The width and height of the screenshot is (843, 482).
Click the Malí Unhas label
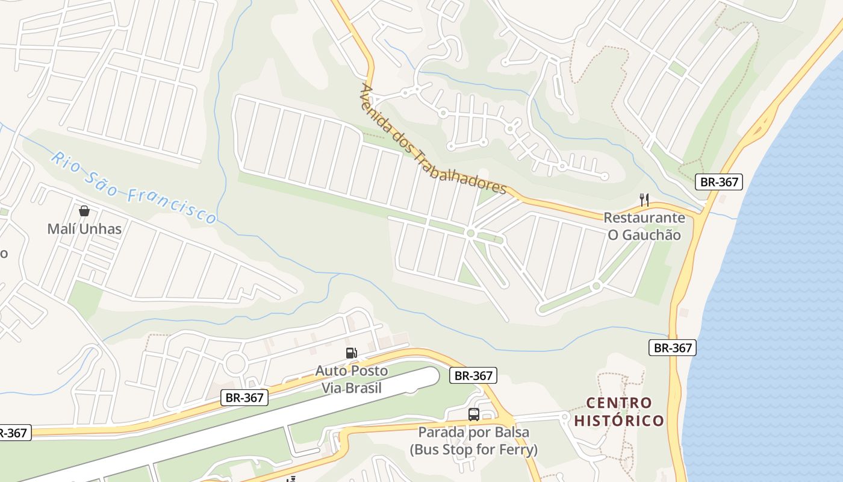pyautogui.click(x=84, y=229)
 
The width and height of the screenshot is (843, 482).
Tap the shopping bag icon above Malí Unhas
pyautogui.click(x=84, y=211)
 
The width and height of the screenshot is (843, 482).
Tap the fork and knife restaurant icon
pyautogui.click(x=644, y=199)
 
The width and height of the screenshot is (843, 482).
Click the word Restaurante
pyautogui.click(x=644, y=218)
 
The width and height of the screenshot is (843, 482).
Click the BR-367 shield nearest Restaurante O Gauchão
pyautogui.click(x=719, y=182)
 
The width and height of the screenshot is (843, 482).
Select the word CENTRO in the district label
pyautogui.click(x=619, y=402)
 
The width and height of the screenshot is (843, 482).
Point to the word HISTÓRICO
pyautogui.click(x=619, y=420)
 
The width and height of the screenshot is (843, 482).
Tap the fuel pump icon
pyautogui.click(x=351, y=353)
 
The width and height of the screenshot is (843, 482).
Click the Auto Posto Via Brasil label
pyautogui.click(x=352, y=379)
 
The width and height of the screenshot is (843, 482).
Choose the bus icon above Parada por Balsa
pyautogui.click(x=474, y=415)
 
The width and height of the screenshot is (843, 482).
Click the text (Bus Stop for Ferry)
pyautogui.click(x=474, y=449)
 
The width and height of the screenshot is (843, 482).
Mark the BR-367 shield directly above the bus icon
pyautogui.click(x=474, y=376)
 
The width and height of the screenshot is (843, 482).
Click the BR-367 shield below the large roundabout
pyautogui.click(x=244, y=398)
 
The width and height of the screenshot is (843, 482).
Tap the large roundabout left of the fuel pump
pyautogui.click(x=235, y=363)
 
